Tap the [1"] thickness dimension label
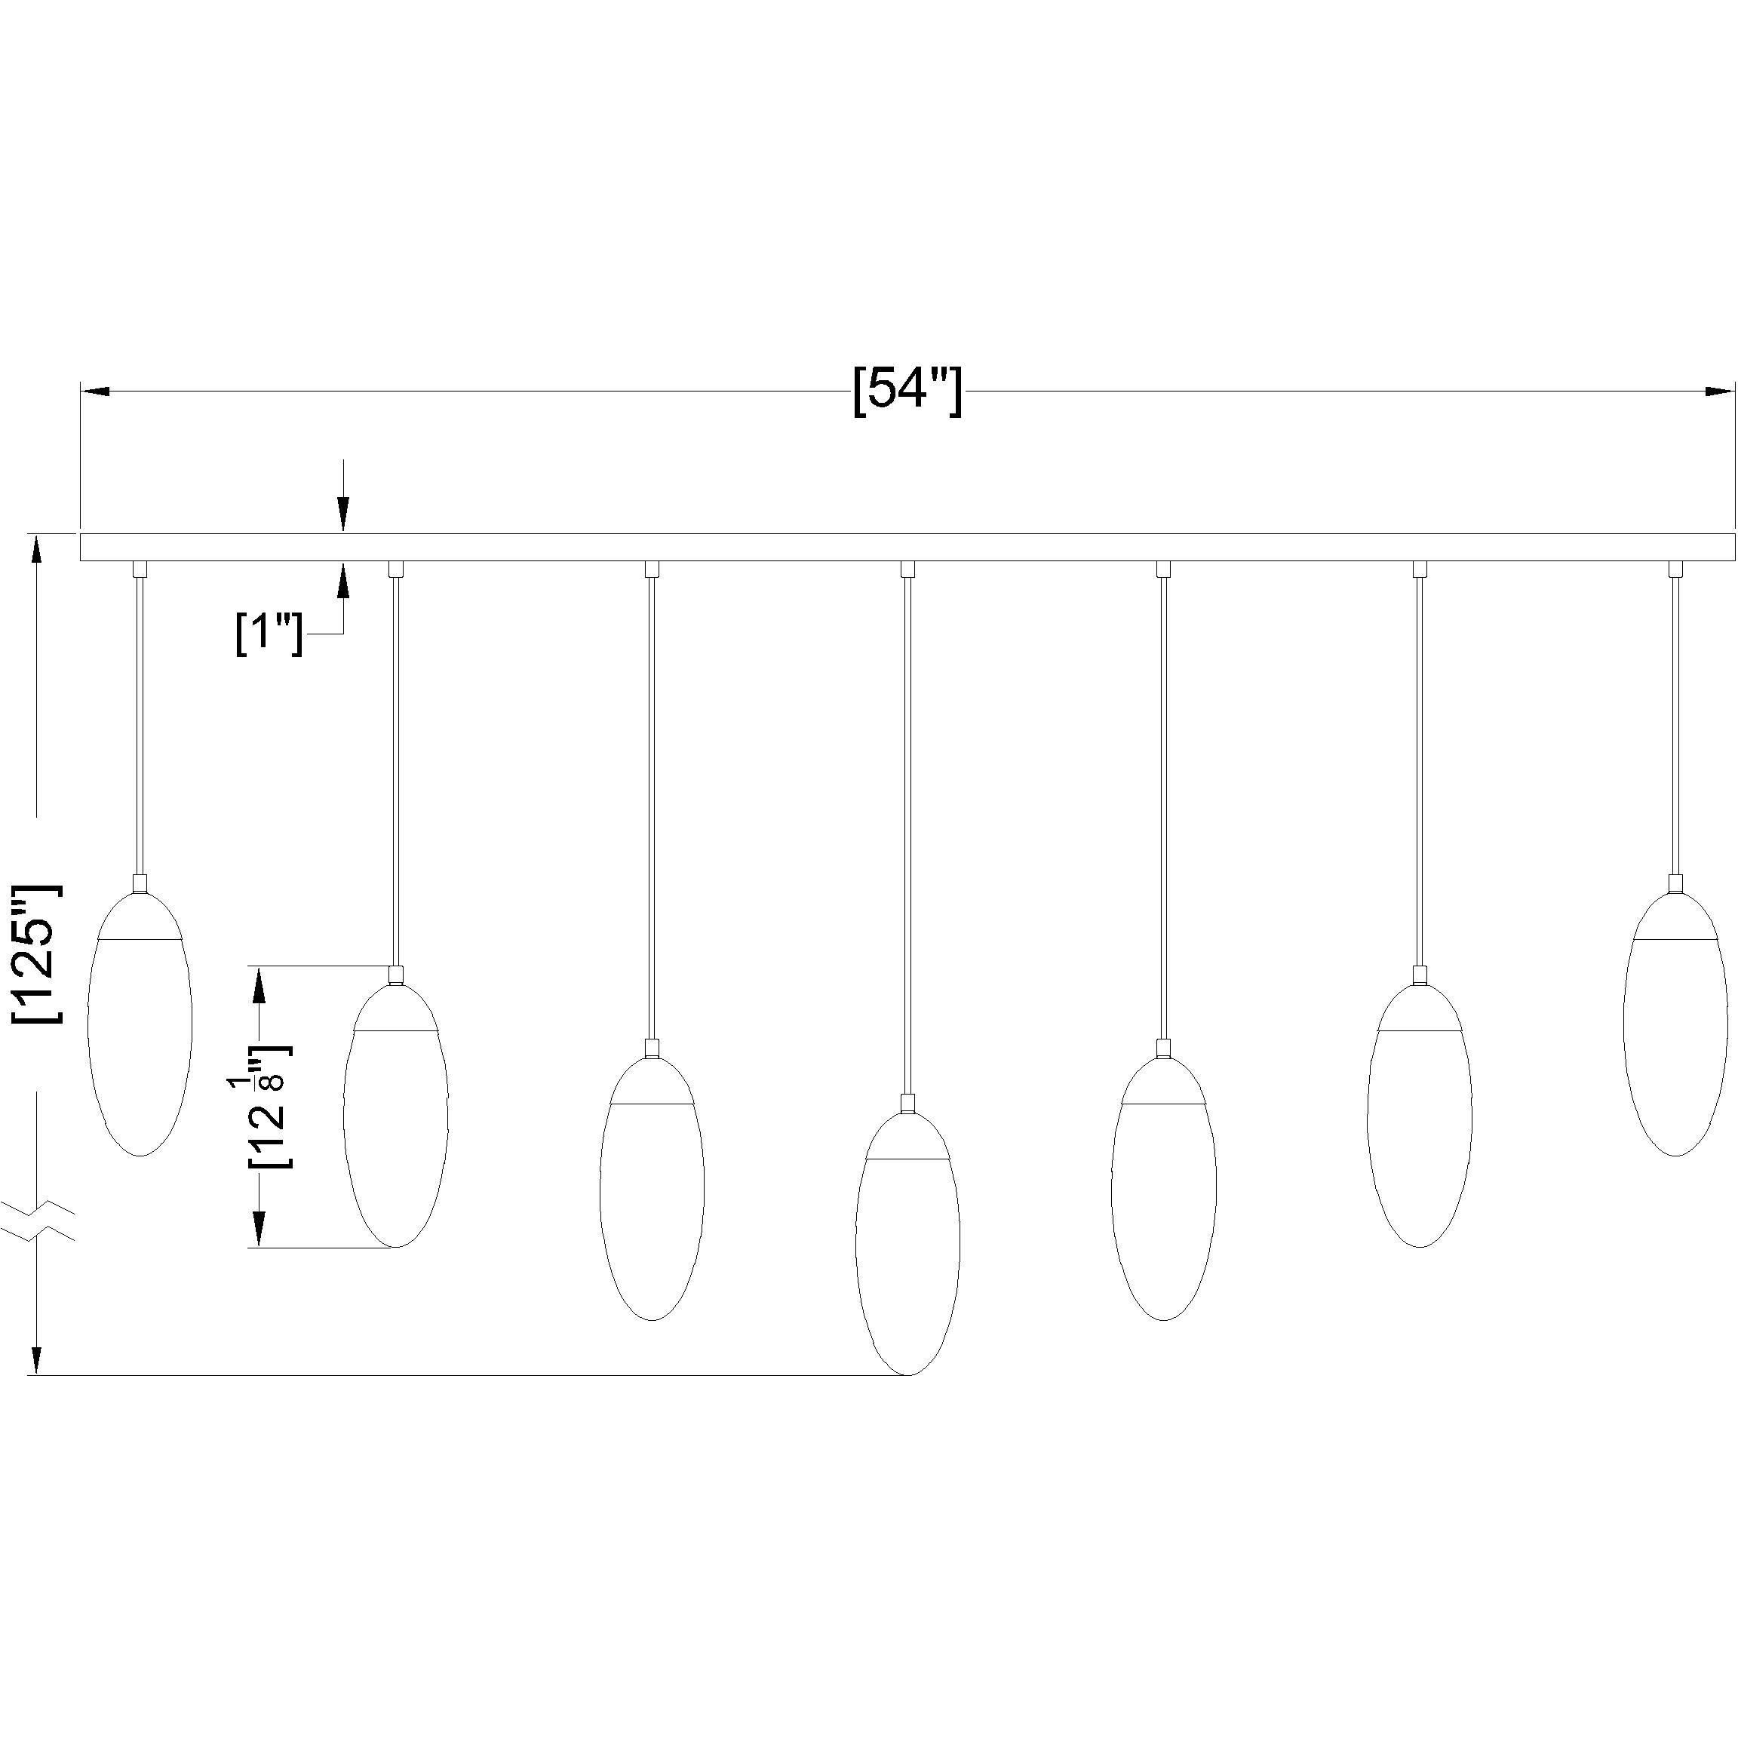click(x=268, y=634)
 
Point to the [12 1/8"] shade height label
click(x=269, y=1107)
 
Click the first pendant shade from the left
click(x=140, y=1034)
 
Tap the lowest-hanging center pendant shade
click(x=907, y=1260)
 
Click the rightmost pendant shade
click(x=1675, y=1034)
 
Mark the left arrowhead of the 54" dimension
click(x=95, y=392)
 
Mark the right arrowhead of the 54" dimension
click(x=1720, y=392)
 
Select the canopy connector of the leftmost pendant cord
click(x=140, y=569)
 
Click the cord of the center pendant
click(x=907, y=809)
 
